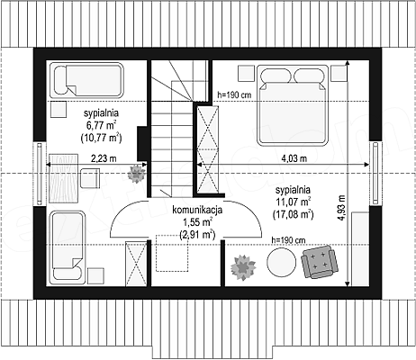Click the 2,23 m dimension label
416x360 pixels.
pyautogui.click(x=104, y=158)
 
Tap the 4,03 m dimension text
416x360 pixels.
pyautogui.click(x=294, y=158)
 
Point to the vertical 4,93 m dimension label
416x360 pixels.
pyautogui.click(x=341, y=208)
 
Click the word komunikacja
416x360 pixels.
pyautogui.click(x=197, y=210)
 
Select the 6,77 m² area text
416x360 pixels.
pyautogui.click(x=101, y=125)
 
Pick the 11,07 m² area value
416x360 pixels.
pyautogui.click(x=294, y=202)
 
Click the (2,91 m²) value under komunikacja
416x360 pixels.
pyautogui.click(x=197, y=234)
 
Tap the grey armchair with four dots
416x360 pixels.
pyautogui.click(x=320, y=262)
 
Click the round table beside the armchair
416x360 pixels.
pyautogui.click(x=281, y=263)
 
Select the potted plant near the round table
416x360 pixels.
pyautogui.click(x=243, y=266)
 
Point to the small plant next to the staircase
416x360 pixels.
pyautogui.click(x=137, y=174)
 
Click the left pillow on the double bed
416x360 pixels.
pyautogui.click(x=276, y=76)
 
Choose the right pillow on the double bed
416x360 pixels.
pyautogui.click(x=309, y=76)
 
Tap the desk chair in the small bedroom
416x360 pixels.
pyautogui.click(x=90, y=178)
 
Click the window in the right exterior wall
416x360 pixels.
pyautogui.click(x=375, y=173)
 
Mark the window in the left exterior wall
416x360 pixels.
pyautogui.click(x=40, y=174)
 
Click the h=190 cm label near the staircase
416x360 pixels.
pyautogui.click(x=234, y=95)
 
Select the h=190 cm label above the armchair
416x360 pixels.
pyautogui.click(x=288, y=240)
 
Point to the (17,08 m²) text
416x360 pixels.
pyautogui.click(x=294, y=214)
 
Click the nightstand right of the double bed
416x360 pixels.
pyautogui.click(x=339, y=73)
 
